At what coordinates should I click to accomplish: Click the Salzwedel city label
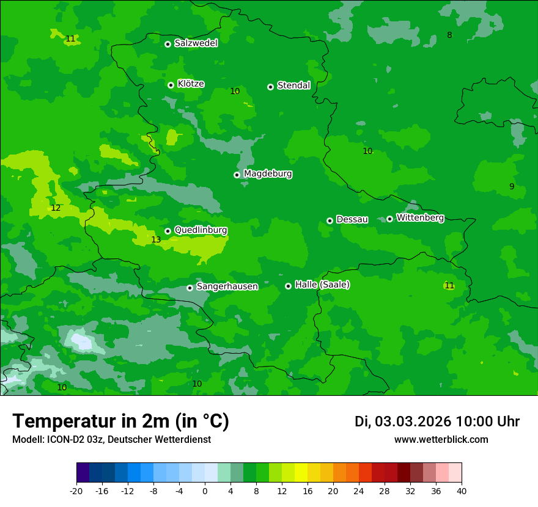(196, 43)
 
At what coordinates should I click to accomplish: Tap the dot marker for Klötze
(171, 85)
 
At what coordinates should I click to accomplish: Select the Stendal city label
(293, 86)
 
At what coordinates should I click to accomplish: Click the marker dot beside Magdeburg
(237, 175)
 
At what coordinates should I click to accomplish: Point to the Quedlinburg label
(201, 230)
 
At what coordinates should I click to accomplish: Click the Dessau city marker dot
(330, 221)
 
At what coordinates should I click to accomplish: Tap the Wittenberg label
(420, 218)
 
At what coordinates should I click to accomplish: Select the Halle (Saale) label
(322, 285)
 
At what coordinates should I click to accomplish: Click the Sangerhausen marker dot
(190, 288)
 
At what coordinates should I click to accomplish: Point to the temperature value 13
(156, 240)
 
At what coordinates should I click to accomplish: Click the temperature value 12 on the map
(56, 208)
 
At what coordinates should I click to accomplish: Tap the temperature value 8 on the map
(449, 35)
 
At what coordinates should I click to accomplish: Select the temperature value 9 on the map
(512, 187)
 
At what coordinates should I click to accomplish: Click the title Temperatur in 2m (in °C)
(120, 421)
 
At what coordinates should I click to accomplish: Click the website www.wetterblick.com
(441, 440)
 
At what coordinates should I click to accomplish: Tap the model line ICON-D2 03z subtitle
(111, 440)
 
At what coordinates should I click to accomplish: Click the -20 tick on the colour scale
(76, 491)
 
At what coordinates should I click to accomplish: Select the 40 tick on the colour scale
(461, 491)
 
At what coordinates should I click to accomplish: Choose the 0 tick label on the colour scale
(205, 491)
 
